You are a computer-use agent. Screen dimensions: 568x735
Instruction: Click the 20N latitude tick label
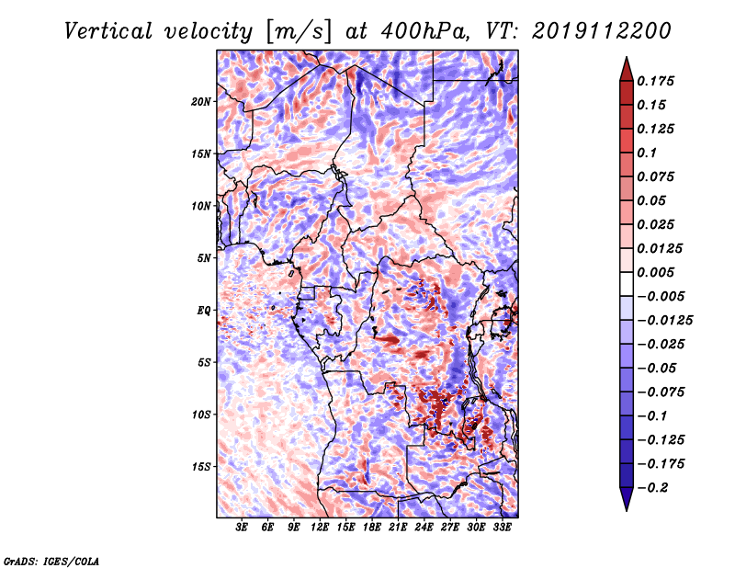201,101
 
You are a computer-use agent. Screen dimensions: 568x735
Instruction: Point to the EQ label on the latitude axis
204,310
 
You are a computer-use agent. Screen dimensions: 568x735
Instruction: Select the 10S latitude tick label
201,415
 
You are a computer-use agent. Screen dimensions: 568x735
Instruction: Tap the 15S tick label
201,467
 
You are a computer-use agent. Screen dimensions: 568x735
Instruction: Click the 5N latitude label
204,257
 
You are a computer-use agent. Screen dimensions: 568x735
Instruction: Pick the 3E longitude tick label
243,528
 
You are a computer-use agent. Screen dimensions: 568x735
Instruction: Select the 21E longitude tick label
398,528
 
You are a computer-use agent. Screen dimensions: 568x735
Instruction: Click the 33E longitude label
502,528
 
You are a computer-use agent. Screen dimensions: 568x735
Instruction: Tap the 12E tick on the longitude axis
320,528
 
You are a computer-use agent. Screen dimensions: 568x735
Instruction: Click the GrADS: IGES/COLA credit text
51,560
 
